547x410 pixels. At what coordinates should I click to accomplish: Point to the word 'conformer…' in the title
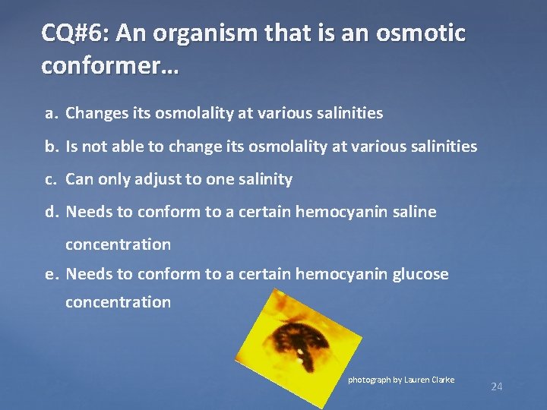[x=111, y=66]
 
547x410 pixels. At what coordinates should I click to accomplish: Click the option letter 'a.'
[x=51, y=114]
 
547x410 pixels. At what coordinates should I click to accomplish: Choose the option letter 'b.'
[x=51, y=147]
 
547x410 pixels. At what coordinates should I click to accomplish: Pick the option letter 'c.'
[x=51, y=179]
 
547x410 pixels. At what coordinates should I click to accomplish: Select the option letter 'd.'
[x=51, y=212]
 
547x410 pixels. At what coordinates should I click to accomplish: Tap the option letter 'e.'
[x=51, y=273]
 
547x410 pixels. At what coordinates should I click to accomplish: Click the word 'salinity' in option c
[x=265, y=179]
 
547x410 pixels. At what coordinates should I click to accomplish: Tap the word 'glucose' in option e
[x=421, y=273]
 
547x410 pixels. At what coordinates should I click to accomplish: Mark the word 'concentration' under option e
[x=118, y=302]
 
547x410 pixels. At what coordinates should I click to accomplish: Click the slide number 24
[x=497, y=387]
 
